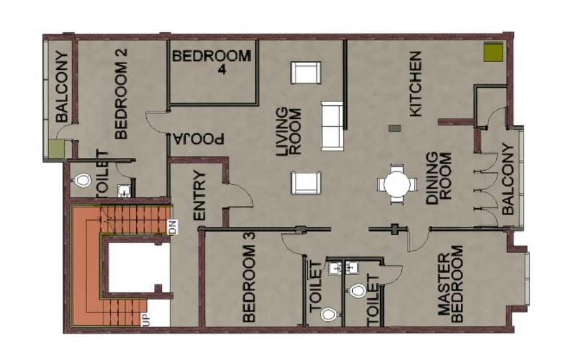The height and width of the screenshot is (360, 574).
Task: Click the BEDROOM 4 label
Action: click(x=211, y=62)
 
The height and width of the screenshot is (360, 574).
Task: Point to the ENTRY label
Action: click(x=199, y=195)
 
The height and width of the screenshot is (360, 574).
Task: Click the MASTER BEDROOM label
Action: click(x=451, y=283)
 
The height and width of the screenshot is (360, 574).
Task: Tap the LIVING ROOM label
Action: click(x=289, y=131)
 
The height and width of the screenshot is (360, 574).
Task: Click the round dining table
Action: click(x=397, y=184)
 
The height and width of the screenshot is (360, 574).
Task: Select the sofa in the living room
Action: click(x=333, y=126)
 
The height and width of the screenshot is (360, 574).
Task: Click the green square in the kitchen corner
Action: click(x=494, y=52)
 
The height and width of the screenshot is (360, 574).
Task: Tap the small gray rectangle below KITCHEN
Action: click(x=394, y=128)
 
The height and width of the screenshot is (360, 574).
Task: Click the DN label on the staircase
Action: click(x=172, y=227)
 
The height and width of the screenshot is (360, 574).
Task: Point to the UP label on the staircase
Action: click(x=146, y=320)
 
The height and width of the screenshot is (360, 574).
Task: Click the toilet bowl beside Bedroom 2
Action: click(x=83, y=180)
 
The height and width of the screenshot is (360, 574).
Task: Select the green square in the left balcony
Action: click(x=57, y=149)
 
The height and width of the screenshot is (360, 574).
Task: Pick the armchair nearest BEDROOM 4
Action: click(x=306, y=73)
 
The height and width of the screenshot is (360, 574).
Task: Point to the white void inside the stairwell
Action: click(x=139, y=268)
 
